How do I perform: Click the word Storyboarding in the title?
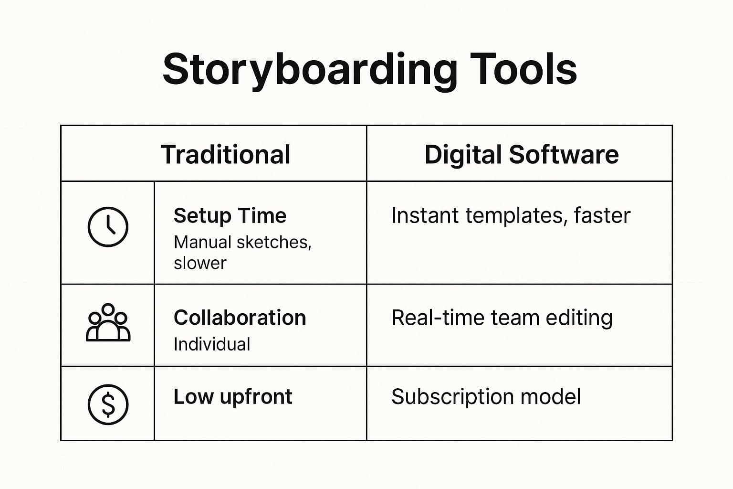309,70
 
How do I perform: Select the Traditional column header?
225,155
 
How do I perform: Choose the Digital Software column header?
521,155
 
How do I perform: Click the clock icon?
108,227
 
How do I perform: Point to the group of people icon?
108,323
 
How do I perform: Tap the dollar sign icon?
108,404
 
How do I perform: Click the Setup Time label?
230,216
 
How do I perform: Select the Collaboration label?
240,318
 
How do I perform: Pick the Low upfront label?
232,397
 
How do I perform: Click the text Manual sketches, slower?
242,253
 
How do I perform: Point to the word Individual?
211,344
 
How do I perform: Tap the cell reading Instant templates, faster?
510,216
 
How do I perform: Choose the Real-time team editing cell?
502,318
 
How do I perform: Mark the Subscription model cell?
486,397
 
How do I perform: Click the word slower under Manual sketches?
200,263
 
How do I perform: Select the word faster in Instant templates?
602,216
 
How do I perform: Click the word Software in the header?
564,155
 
